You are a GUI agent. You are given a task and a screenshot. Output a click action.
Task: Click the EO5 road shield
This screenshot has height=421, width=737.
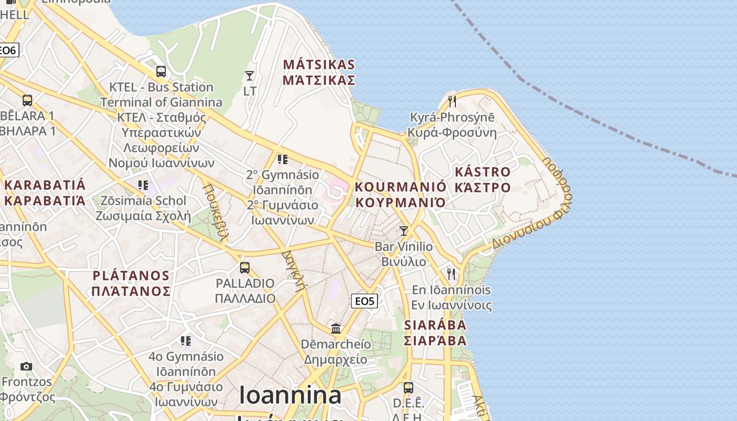pyautogui.click(x=364, y=301)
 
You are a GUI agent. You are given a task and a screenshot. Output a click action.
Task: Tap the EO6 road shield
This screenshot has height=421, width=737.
pyautogui.click(x=8, y=50)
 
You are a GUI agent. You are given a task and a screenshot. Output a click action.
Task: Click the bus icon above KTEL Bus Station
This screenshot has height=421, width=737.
pyautogui.click(x=161, y=71)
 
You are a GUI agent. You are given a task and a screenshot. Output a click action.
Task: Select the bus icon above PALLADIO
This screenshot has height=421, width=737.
pyautogui.click(x=245, y=267)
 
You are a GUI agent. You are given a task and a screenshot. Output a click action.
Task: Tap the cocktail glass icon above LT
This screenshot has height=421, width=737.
pyautogui.click(x=250, y=76)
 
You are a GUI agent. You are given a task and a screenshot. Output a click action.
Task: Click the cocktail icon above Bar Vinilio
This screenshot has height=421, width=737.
pyautogui.click(x=404, y=230)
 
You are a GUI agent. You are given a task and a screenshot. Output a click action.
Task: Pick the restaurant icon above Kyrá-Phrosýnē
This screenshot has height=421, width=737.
pyautogui.click(x=452, y=101)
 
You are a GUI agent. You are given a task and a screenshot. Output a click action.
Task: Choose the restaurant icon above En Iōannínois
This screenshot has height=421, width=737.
pyautogui.click(x=451, y=274)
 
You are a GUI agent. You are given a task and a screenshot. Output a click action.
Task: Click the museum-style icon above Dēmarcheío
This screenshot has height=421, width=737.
pyautogui.click(x=336, y=329)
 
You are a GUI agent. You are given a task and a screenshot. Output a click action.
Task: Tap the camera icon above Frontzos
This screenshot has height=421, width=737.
pyautogui.click(x=26, y=366)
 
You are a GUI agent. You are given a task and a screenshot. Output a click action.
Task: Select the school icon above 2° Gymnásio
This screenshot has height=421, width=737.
pyautogui.click(x=283, y=159)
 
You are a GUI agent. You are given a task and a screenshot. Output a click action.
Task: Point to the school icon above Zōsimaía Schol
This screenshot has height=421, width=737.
pyautogui.click(x=143, y=185)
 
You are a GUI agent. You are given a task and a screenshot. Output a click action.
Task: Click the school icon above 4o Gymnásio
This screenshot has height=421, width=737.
pyautogui.click(x=185, y=341)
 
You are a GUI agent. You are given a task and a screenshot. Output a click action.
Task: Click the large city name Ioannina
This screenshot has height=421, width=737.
pyautogui.click(x=290, y=395)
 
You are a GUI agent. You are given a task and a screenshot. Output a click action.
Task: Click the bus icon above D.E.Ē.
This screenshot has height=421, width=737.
pyautogui.click(x=409, y=388)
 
